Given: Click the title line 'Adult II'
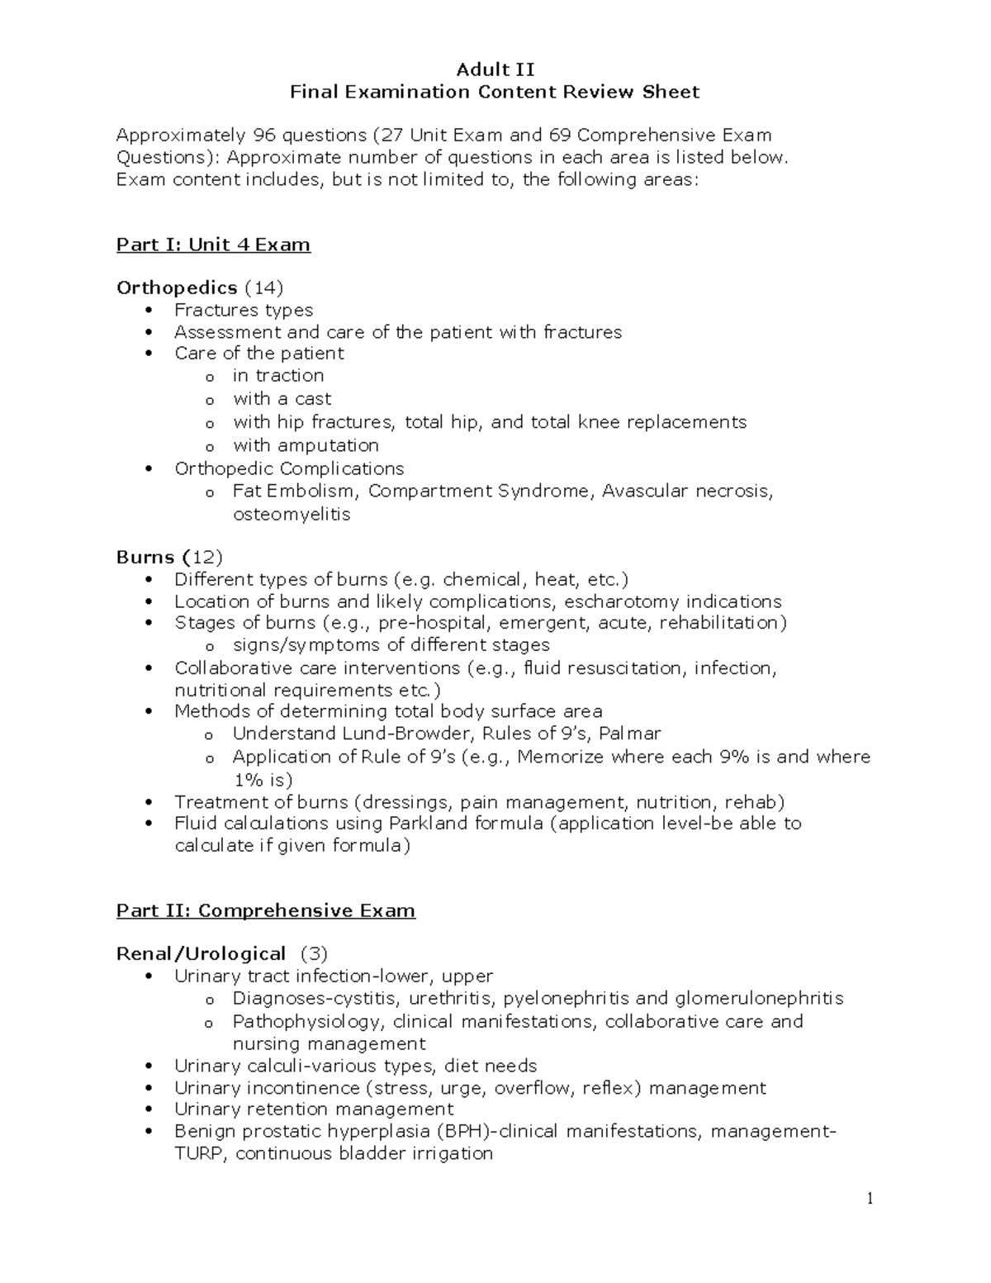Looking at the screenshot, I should [x=495, y=69].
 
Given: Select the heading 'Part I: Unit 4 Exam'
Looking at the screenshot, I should [x=213, y=245].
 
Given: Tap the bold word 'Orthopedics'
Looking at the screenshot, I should [x=177, y=287].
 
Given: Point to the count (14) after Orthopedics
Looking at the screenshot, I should [x=263, y=287].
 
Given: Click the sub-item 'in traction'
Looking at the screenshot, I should [x=278, y=376].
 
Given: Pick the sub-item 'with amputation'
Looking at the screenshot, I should [x=306, y=445].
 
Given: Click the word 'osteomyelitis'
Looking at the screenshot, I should [x=292, y=514].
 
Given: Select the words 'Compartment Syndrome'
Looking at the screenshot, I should [x=480, y=492].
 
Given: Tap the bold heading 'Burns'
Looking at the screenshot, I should [x=145, y=557].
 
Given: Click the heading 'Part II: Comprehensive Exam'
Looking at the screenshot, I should [x=265, y=910].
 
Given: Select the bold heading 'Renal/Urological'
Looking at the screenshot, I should [x=201, y=953].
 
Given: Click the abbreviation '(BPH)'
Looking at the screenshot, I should [x=466, y=1131].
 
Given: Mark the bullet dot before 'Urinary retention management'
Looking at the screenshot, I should [x=149, y=1110].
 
